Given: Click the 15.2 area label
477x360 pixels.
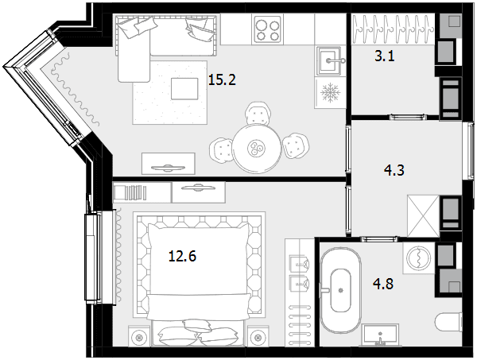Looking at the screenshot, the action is point(222,80).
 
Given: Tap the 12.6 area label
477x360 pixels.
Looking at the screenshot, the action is point(182,256).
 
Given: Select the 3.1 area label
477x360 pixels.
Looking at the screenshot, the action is point(385,56).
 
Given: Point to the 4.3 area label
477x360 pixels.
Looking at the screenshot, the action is point(394,170).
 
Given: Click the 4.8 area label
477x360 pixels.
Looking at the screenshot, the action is point(383,284).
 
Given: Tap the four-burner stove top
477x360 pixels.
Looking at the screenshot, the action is point(268,29).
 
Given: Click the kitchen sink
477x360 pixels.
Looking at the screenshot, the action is point(329,61).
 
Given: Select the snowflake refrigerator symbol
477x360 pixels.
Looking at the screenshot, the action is point(331,92).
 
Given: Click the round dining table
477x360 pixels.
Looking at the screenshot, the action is point(257,149).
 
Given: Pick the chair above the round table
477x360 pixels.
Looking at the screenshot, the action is point(258,113).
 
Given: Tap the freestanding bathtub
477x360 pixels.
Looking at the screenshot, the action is point(341,290).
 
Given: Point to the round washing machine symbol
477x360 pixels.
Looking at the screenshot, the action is point(419,257).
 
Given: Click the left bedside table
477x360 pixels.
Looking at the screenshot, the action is point(139,336).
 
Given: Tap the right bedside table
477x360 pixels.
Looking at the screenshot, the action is point(258,336).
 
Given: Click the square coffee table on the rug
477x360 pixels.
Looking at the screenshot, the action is point(184,88).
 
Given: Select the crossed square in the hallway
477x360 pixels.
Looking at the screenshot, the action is point(423,215).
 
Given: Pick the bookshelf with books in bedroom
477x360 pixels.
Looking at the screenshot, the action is point(142,192).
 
